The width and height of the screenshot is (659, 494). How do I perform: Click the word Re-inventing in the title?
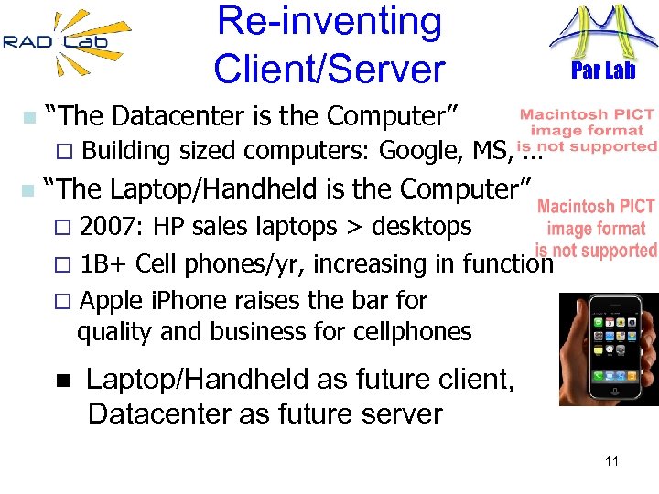[x=329, y=22]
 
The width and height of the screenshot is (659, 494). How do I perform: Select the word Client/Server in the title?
[x=329, y=68]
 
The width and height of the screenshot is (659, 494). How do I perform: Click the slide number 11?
[x=611, y=461]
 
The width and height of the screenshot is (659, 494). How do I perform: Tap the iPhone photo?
[x=608, y=349]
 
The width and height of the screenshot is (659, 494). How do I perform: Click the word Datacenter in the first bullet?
[x=169, y=116]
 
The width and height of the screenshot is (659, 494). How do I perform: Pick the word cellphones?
[x=420, y=331]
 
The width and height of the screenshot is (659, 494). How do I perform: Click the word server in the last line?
[x=394, y=413]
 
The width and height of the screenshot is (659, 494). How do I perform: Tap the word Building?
[x=126, y=151]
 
